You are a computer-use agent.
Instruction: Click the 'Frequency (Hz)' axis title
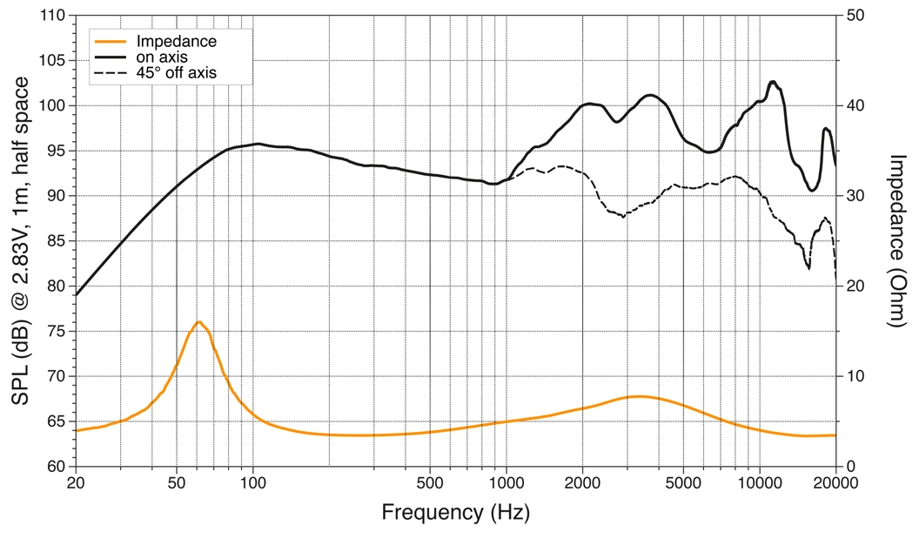pyautogui.click(x=455, y=512)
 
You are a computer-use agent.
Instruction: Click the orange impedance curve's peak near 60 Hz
pyautogui.click(x=198, y=322)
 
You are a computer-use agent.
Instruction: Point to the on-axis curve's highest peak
pyautogui.click(x=773, y=82)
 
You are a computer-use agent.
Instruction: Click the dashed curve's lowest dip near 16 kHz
pyautogui.click(x=808, y=268)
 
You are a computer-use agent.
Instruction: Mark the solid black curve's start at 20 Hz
pyautogui.click(x=77, y=295)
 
